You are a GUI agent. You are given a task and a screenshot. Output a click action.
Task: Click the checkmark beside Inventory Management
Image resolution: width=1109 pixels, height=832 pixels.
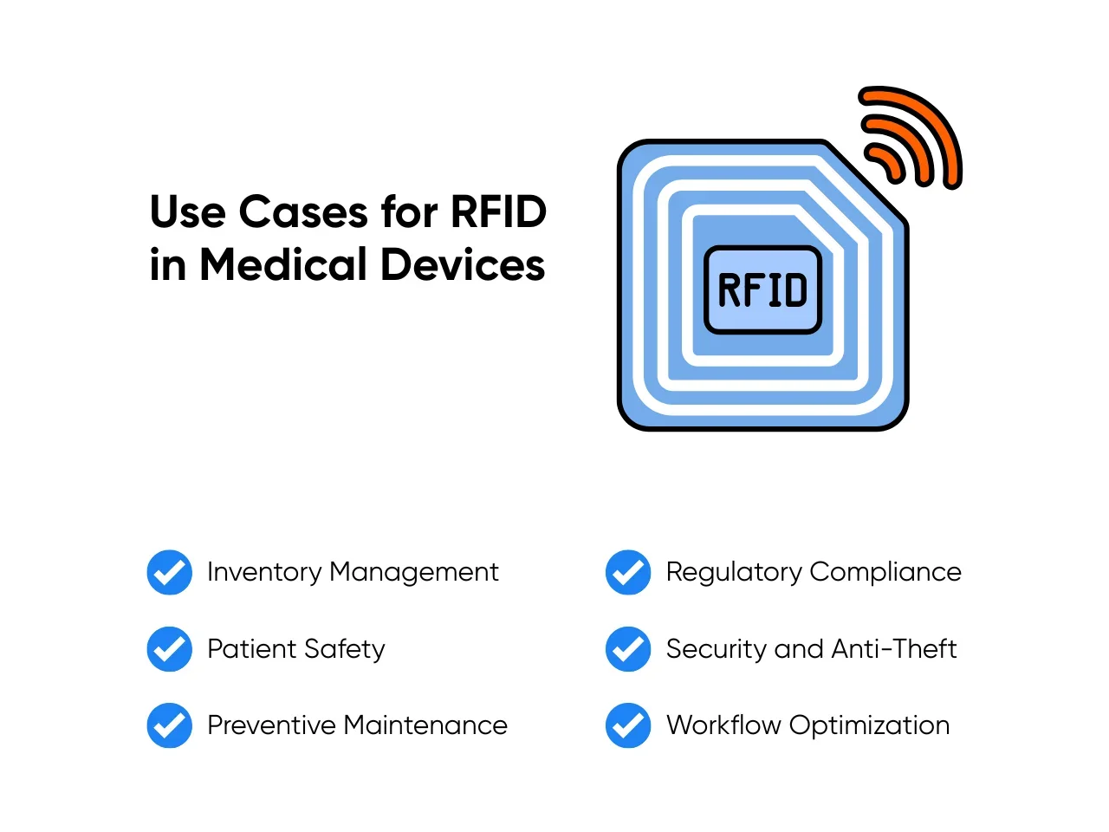pyautogui.click(x=169, y=572)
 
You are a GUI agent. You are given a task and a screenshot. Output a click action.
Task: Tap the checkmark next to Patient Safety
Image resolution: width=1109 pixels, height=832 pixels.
pyautogui.click(x=169, y=648)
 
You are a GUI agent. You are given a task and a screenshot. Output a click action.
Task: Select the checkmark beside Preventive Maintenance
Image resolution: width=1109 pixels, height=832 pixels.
pyautogui.click(x=169, y=725)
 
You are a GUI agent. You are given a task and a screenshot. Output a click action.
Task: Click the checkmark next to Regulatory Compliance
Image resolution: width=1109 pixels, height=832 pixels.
pyautogui.click(x=628, y=572)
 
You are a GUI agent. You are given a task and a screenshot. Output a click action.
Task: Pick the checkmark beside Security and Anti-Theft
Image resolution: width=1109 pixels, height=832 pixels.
pyautogui.click(x=628, y=648)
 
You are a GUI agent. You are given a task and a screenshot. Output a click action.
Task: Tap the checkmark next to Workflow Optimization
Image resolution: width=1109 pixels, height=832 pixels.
pyautogui.click(x=628, y=725)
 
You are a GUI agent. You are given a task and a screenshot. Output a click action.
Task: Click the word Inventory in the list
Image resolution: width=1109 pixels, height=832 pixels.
pyautogui.click(x=264, y=573)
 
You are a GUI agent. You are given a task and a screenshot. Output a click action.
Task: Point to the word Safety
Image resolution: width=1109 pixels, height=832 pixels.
pyautogui.click(x=345, y=650)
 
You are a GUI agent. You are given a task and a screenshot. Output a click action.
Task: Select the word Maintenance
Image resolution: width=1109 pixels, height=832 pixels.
pyautogui.click(x=425, y=725)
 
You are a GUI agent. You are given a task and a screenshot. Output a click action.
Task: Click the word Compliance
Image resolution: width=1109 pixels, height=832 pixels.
pyautogui.click(x=885, y=573)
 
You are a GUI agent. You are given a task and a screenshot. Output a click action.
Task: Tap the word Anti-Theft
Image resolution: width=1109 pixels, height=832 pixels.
pyautogui.click(x=894, y=648)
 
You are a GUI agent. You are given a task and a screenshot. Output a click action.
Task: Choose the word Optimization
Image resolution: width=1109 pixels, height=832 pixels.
pyautogui.click(x=870, y=726)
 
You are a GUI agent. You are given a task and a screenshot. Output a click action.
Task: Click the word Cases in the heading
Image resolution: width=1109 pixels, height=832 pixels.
pyautogui.click(x=303, y=211)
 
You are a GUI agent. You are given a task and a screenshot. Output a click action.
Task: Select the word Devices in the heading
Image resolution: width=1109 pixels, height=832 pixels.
pyautogui.click(x=463, y=264)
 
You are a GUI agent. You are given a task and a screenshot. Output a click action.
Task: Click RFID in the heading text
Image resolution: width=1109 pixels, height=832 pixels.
pyautogui.click(x=498, y=211)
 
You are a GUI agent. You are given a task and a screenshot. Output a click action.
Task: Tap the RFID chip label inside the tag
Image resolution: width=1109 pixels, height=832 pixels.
pyautogui.click(x=762, y=289)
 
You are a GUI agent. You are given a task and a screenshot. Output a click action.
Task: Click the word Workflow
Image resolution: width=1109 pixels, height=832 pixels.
pyautogui.click(x=723, y=725)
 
